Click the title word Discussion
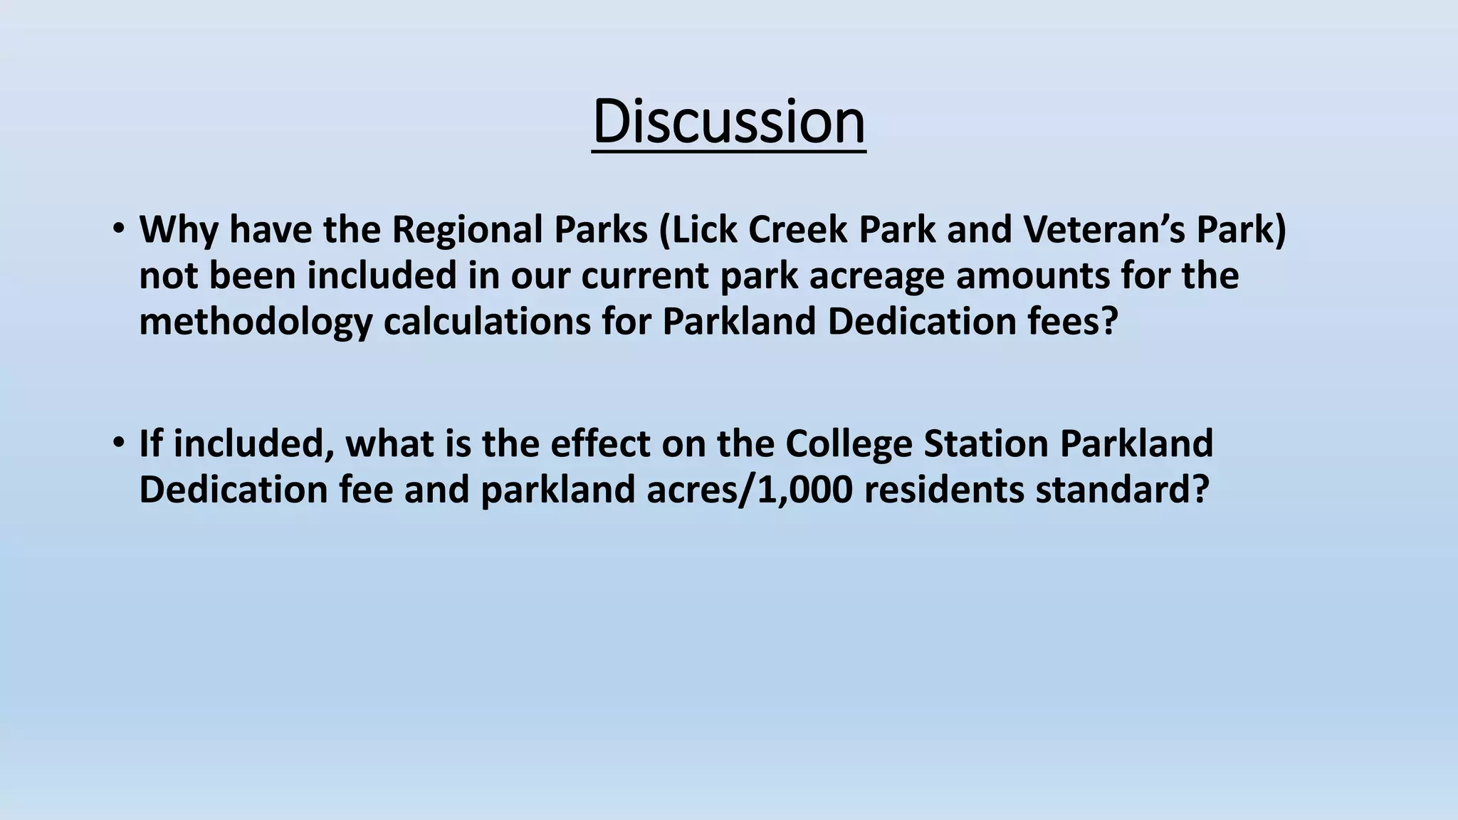(x=728, y=121)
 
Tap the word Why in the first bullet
(x=179, y=230)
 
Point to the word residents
(x=944, y=490)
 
